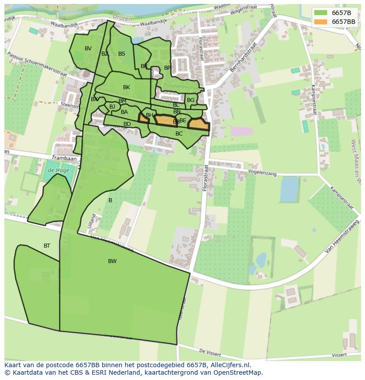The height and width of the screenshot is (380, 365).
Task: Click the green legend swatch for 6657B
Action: point(321,13)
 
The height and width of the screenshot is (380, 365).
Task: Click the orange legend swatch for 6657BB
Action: point(321,22)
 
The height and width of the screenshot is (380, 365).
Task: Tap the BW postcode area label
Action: point(112,261)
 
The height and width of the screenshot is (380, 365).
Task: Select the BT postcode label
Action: point(47,246)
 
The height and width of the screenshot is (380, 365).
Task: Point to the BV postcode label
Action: point(88,49)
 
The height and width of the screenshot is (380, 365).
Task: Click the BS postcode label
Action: point(122,54)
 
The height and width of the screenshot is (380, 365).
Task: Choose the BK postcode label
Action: point(127,87)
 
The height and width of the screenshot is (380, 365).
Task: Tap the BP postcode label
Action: point(168,68)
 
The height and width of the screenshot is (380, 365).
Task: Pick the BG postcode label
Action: point(190,100)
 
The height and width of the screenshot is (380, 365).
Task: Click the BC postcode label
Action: point(179,134)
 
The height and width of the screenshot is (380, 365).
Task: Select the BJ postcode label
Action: point(112,107)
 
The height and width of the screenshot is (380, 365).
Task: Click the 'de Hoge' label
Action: point(57,170)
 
